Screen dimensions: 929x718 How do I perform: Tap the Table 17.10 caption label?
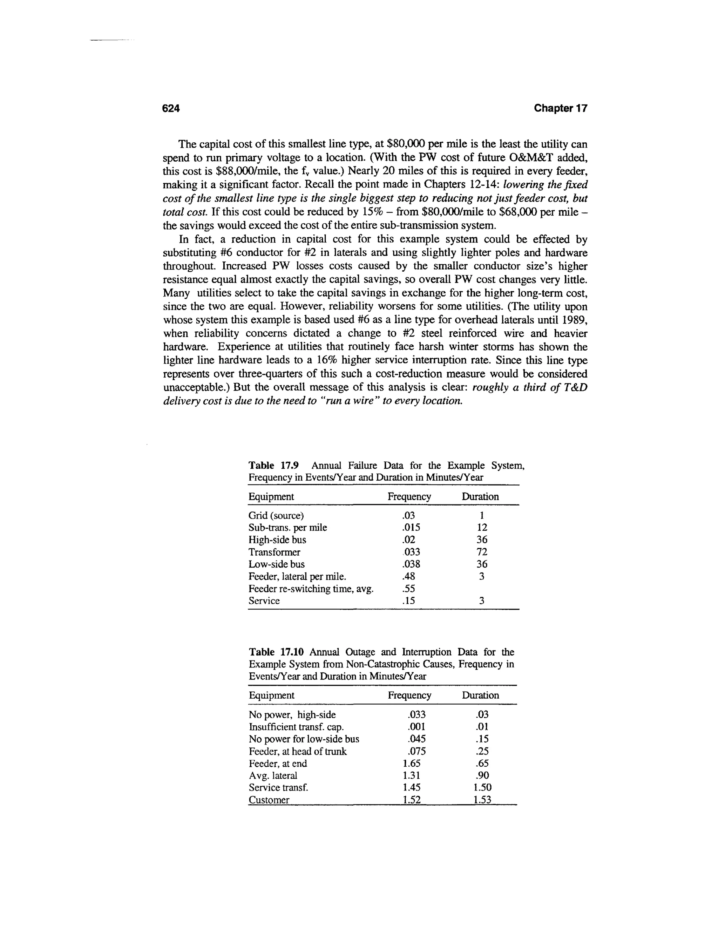point(277,652)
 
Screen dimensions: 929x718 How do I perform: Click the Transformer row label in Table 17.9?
point(275,552)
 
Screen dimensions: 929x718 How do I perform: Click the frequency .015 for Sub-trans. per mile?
point(411,528)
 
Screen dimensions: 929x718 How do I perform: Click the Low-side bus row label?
point(277,564)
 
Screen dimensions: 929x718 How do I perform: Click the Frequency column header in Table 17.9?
point(409,496)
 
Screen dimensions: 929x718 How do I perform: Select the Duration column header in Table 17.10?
point(480,695)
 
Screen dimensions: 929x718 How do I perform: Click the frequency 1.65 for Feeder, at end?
point(411,764)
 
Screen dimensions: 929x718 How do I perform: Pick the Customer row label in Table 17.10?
point(269,800)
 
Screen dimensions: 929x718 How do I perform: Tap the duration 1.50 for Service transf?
point(482,787)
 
